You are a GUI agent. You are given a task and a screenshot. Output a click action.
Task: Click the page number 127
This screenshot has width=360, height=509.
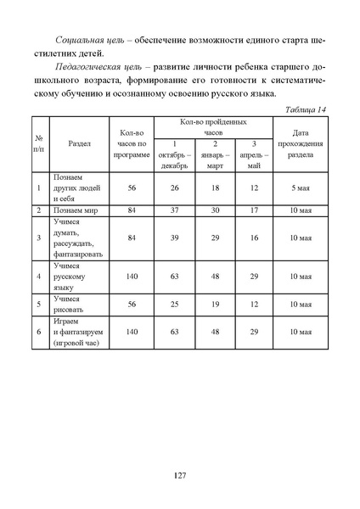coord(179,474)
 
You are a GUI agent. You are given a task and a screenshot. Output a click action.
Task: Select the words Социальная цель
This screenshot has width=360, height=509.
coord(85,41)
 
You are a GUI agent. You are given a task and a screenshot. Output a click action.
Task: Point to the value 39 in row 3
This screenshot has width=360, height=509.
coord(173,238)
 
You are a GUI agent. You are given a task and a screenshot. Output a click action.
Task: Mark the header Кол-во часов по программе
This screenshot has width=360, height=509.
coord(131,143)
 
